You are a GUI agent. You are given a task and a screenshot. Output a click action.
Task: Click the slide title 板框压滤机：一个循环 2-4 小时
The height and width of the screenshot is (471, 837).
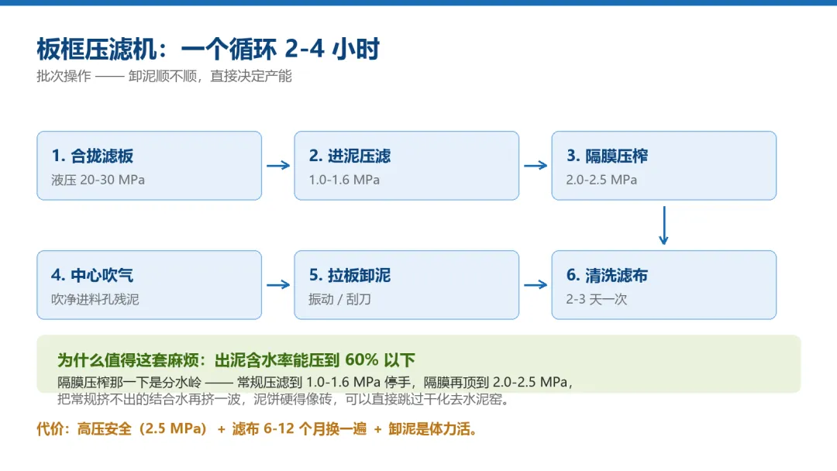point(208,49)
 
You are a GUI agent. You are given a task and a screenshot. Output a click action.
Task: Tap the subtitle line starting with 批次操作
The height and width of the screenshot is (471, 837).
point(164,76)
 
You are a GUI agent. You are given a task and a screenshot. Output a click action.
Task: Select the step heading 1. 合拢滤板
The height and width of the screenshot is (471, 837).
point(92,156)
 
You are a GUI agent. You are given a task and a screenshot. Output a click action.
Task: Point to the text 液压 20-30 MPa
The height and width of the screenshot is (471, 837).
point(98,180)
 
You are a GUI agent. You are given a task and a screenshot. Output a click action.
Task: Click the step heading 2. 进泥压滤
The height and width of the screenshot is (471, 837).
point(350,156)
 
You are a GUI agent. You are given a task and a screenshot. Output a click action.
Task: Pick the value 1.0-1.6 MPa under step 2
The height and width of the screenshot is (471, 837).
point(344,180)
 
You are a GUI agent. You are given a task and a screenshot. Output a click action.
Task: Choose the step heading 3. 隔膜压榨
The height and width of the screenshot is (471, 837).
point(607,156)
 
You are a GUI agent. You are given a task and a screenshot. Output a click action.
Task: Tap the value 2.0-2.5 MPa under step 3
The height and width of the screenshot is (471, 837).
point(601,180)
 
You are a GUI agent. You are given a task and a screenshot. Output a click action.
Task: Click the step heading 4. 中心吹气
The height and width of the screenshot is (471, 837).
point(92,275)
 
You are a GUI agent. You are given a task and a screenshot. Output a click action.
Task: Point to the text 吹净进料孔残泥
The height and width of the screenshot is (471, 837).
point(95,299)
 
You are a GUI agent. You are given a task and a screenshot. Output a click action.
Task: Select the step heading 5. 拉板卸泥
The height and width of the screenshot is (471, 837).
point(350,275)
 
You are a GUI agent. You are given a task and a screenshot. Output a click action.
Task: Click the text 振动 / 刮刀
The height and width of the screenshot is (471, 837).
point(339,299)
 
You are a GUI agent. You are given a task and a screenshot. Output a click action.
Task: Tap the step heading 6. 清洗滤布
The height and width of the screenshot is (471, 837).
point(607,275)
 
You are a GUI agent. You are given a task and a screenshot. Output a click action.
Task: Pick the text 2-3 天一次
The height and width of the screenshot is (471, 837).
point(597,299)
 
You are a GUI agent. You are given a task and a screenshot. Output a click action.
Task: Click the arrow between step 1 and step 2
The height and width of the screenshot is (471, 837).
point(278,165)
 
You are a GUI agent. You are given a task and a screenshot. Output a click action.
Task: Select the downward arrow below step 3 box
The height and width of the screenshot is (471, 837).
point(663,225)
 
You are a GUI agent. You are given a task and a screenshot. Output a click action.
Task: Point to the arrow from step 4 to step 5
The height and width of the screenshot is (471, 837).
point(278,285)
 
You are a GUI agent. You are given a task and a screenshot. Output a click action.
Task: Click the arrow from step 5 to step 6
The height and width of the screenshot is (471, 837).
point(536,285)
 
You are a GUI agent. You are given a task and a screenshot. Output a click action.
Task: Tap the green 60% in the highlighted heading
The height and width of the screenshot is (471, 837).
point(361,359)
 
